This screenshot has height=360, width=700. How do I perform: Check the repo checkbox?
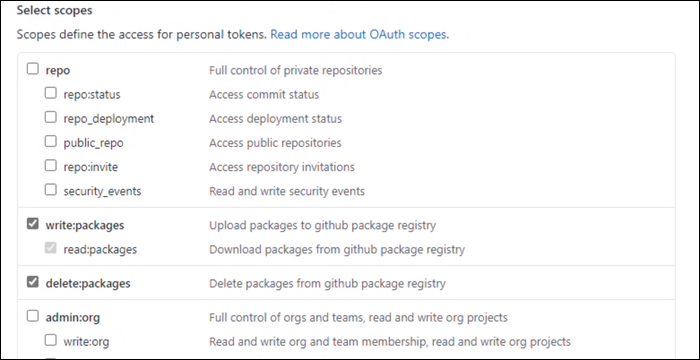point(33,70)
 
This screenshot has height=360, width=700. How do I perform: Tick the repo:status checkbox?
point(51,94)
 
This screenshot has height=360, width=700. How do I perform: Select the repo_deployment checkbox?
point(51,118)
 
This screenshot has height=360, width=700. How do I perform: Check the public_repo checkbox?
point(51,142)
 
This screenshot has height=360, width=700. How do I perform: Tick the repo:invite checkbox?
point(51,166)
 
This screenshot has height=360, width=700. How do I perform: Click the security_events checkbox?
point(51,190)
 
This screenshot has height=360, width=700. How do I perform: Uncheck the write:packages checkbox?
point(33,225)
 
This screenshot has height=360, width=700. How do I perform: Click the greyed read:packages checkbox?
point(51,249)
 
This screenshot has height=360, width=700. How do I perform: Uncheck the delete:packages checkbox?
point(33,283)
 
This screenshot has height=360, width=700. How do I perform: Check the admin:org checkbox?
point(33,318)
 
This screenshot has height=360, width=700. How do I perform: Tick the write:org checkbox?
point(51,342)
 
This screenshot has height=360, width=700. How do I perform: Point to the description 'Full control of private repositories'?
point(295,70)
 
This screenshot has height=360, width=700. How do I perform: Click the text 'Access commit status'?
point(263,94)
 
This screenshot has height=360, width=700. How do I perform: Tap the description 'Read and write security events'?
point(286,190)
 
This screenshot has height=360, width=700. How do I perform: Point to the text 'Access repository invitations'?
point(281,166)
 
